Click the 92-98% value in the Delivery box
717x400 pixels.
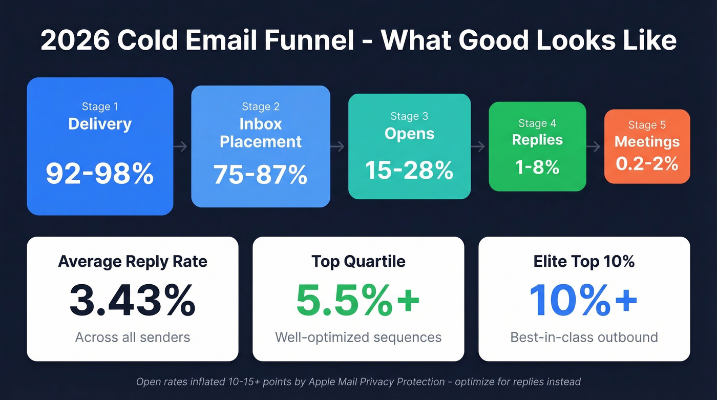click(100, 174)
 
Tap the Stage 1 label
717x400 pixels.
click(100, 107)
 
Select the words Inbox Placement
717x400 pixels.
click(261, 133)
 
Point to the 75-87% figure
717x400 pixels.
click(261, 174)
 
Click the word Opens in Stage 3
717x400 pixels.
click(409, 134)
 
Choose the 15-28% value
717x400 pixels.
click(409, 170)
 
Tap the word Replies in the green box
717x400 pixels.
click(537, 140)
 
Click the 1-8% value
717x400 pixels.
click(537, 166)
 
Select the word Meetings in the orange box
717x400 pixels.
click(647, 141)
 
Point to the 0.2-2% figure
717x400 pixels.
click(647, 163)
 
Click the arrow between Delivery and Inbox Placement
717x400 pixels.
click(181, 147)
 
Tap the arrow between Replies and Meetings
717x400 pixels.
click(594, 147)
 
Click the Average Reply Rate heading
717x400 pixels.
click(133, 261)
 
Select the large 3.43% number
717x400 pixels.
click(133, 301)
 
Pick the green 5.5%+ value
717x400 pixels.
click(358, 301)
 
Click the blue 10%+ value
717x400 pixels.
click(584, 301)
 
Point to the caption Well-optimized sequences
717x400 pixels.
click(358, 337)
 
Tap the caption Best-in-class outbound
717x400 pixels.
click(584, 337)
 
